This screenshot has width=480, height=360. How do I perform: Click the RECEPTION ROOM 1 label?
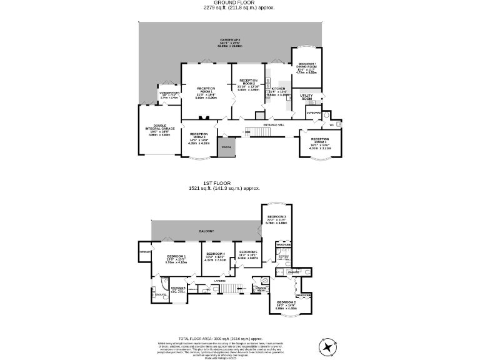(206, 89)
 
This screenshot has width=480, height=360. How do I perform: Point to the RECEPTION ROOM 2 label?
(248, 82)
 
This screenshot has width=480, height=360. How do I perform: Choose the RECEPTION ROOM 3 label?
(199, 135)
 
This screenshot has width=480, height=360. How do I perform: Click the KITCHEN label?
(278, 89)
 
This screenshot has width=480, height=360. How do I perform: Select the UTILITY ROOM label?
(306, 97)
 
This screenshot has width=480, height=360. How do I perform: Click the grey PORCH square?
(226, 147)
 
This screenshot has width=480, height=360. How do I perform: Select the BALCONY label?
(207, 232)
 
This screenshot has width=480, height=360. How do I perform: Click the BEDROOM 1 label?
(176, 257)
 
